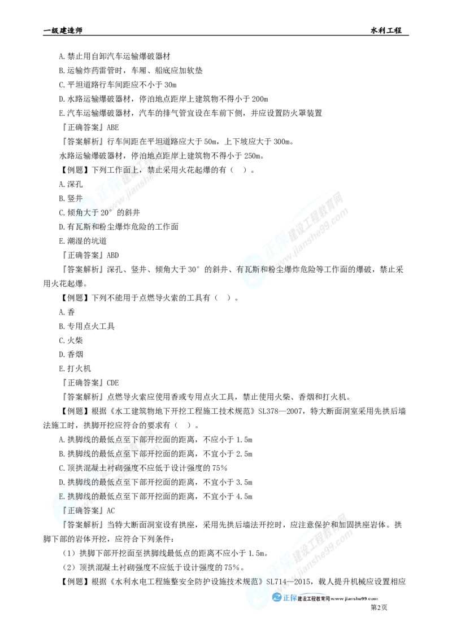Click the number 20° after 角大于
[107, 213]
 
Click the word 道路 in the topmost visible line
[167, 141]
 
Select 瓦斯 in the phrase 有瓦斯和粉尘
[255, 270]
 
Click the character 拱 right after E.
[70, 496]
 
